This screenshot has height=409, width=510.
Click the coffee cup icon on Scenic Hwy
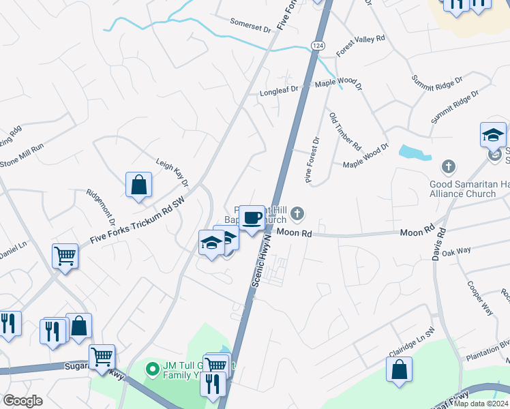(x=252, y=217)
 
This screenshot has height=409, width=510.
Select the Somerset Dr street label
(x=251, y=26)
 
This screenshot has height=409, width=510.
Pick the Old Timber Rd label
(x=345, y=131)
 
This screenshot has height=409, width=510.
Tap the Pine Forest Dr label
(x=313, y=160)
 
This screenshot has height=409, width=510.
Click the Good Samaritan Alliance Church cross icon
(x=449, y=166)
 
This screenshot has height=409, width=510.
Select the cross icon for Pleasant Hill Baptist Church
(x=297, y=215)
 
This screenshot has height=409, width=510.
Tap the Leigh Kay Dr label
(x=172, y=170)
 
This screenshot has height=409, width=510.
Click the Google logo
(x=22, y=401)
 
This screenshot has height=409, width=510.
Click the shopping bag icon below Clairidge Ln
(x=399, y=369)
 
